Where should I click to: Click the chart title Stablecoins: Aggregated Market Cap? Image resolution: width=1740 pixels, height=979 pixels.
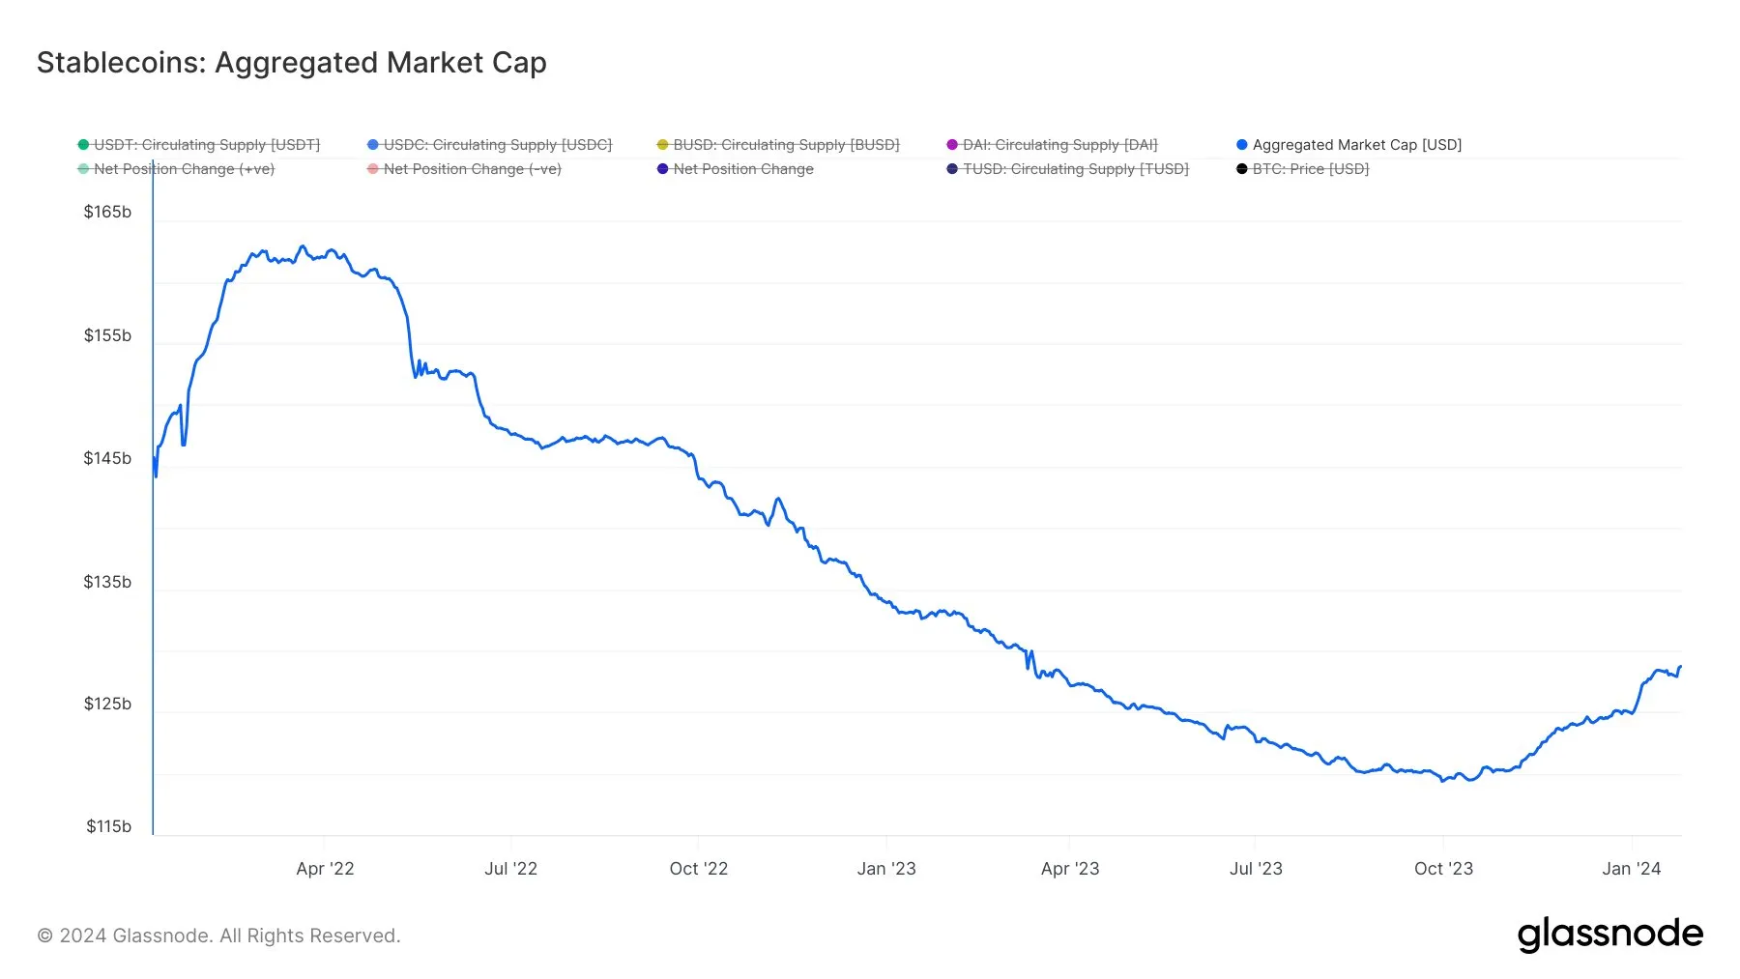coord(291,63)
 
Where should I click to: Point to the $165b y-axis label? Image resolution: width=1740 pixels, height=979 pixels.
coord(107,212)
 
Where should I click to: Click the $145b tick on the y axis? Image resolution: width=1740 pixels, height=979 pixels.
coord(107,458)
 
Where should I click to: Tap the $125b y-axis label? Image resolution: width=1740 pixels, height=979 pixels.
coord(107,704)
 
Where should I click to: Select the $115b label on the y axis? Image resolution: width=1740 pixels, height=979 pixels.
coord(108,826)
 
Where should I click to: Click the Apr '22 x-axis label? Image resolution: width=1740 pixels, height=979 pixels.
coord(325,869)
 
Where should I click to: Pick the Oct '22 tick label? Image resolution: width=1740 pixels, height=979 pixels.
coord(698,869)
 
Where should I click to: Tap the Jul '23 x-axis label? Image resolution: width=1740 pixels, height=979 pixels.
coord(1256,869)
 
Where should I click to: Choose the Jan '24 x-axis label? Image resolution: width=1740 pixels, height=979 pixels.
coord(1631,869)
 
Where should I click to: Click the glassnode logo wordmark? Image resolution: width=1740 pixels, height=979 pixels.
coord(1609,935)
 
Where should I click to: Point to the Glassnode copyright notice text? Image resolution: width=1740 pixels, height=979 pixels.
coord(218,936)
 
